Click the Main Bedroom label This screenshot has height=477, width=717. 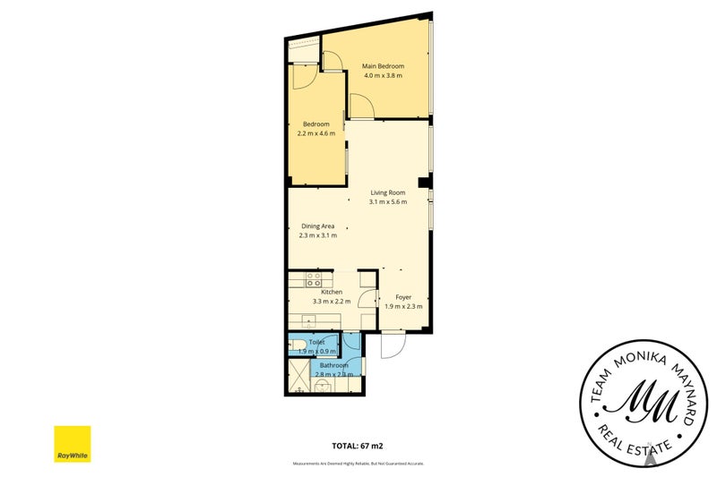383,66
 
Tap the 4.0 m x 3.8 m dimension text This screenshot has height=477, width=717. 383,76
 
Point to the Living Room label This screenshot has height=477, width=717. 388,192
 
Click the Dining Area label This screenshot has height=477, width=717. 318,226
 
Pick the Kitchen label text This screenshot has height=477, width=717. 332,293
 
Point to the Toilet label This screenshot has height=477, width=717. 316,343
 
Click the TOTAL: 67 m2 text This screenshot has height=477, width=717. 358,445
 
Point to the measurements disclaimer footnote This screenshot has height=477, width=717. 358,463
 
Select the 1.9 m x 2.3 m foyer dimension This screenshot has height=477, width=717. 402,307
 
